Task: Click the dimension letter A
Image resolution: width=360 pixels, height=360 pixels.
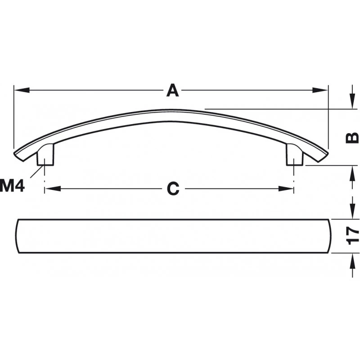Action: point(173,90)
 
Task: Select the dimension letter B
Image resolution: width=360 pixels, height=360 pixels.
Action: point(352,138)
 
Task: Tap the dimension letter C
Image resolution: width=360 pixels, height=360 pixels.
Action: point(173,189)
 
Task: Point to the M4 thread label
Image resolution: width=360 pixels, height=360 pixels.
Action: point(12,186)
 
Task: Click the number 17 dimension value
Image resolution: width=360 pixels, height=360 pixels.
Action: point(353,236)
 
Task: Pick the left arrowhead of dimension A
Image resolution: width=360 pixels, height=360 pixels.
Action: point(22,90)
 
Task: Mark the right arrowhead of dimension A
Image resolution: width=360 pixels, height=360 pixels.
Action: point(320,90)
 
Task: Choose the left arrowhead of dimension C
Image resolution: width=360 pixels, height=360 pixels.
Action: point(53,189)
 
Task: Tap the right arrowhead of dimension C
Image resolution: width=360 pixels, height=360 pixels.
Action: point(286,189)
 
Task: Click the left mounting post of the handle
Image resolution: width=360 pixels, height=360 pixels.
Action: point(45,154)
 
